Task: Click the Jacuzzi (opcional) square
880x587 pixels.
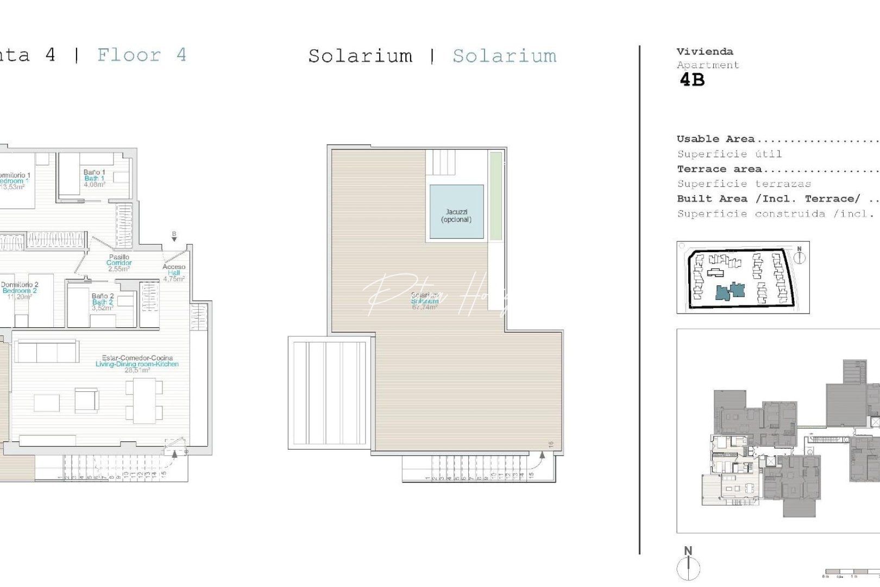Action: click(456, 213)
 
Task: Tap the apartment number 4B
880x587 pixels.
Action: click(692, 80)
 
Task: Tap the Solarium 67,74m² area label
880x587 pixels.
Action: click(424, 302)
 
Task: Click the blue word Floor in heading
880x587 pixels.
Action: click(129, 55)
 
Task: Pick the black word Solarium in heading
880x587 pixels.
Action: click(360, 56)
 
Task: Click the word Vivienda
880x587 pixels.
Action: click(705, 52)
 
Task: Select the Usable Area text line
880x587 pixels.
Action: click(715, 139)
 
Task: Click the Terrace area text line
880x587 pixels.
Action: click(719, 169)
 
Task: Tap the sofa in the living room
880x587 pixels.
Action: click(46, 351)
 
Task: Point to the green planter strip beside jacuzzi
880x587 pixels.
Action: click(495, 196)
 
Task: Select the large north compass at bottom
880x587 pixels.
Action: click(688, 565)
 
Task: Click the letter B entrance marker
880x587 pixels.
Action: click(174, 236)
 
